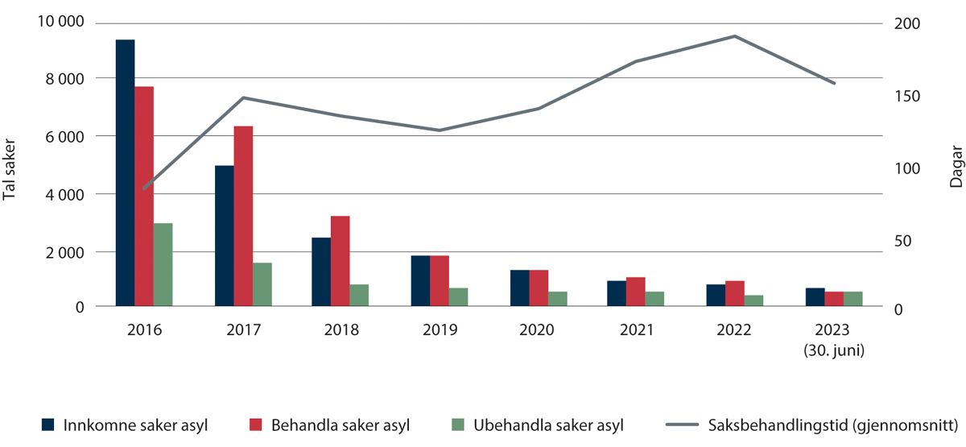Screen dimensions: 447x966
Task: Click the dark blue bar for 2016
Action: click(x=125, y=172)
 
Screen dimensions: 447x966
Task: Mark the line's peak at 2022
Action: click(x=734, y=36)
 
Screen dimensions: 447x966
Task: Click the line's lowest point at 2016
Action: click(x=144, y=188)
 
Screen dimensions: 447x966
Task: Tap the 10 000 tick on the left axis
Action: click(x=60, y=22)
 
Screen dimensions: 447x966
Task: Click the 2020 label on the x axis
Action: click(x=537, y=331)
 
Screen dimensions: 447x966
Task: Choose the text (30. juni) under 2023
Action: click(x=834, y=350)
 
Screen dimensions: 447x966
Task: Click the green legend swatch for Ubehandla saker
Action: click(x=456, y=424)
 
